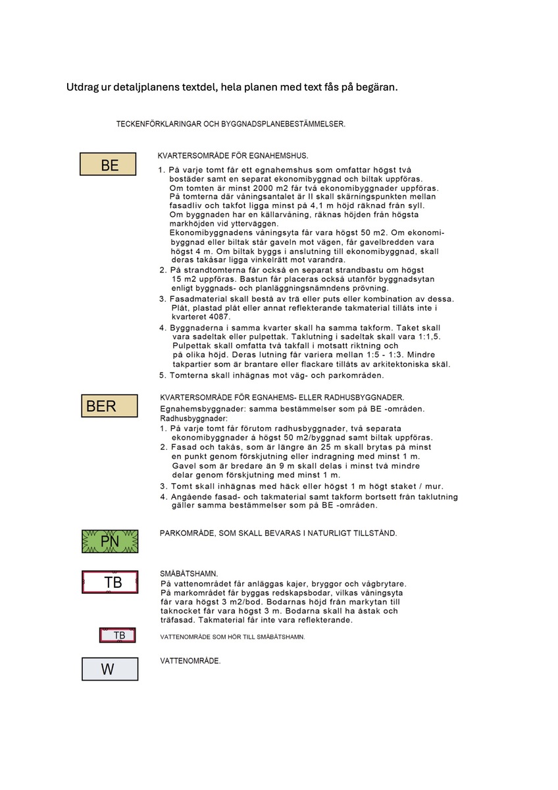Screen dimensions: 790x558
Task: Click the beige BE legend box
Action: (108, 165)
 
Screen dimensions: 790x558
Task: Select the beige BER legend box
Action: (109, 406)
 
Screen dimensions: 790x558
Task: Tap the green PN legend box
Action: (110, 541)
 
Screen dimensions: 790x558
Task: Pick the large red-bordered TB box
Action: (110, 582)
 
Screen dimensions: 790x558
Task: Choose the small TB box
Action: (118, 635)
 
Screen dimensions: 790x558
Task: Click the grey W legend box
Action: (110, 669)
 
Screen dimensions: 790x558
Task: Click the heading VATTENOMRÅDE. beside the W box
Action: (190, 660)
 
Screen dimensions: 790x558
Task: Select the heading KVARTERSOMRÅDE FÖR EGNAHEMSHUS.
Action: (233, 156)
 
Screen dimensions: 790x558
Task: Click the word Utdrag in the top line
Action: (83, 88)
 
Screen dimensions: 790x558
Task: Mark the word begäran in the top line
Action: (376, 88)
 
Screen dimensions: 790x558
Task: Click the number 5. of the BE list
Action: (163, 375)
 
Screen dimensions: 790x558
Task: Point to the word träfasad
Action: (180, 620)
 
